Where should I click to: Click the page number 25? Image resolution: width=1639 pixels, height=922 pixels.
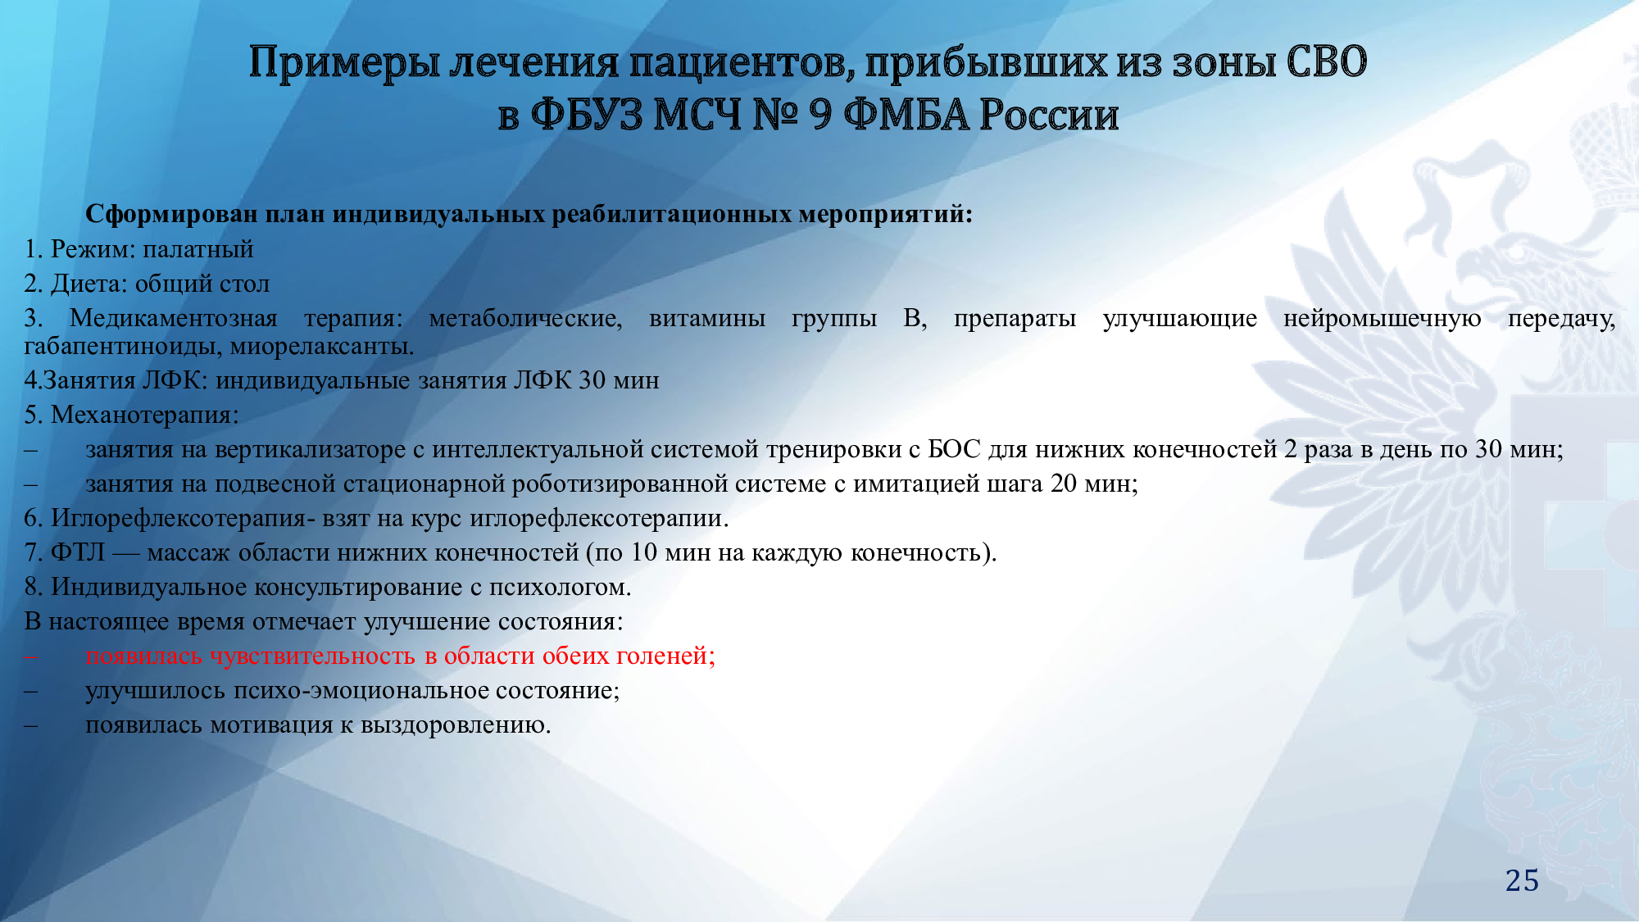click(1522, 880)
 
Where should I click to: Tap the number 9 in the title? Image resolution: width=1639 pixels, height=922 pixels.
click(820, 115)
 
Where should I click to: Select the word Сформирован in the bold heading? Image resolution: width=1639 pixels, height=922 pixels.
click(171, 215)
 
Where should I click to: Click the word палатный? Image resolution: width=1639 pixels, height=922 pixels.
click(198, 249)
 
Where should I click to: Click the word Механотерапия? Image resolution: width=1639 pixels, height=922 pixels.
click(144, 415)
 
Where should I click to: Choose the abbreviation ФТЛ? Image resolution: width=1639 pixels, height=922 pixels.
click(78, 552)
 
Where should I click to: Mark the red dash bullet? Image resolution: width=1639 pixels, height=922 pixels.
click(31, 657)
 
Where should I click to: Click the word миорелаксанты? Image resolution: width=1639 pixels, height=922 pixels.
click(322, 347)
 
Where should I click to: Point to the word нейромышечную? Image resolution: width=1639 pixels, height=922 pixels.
click(1382, 318)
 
